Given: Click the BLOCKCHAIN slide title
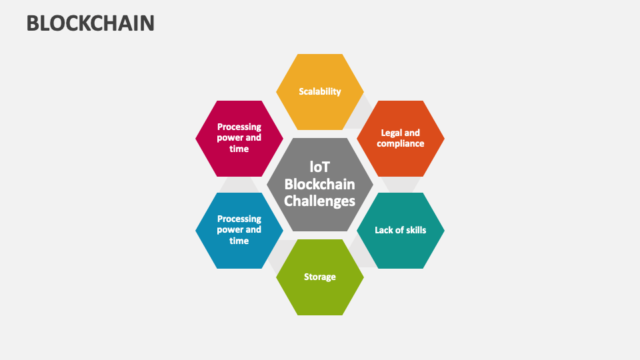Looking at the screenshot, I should tap(91, 23).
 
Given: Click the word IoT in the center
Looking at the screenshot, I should tap(320, 167).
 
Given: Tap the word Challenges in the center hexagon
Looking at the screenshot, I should tap(320, 201).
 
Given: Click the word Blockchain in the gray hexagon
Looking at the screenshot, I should tap(320, 184).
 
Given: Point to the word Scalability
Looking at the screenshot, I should tap(320, 91).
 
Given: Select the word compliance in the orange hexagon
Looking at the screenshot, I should tap(401, 143).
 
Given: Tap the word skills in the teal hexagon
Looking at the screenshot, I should tap(413, 230).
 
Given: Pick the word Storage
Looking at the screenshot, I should tap(320, 277).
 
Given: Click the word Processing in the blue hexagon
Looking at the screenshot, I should tap(239, 219).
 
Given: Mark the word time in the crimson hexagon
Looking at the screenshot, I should tap(239, 149).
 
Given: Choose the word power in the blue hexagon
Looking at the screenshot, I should tap(230, 230).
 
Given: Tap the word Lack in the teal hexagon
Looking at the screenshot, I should tap(385, 230).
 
